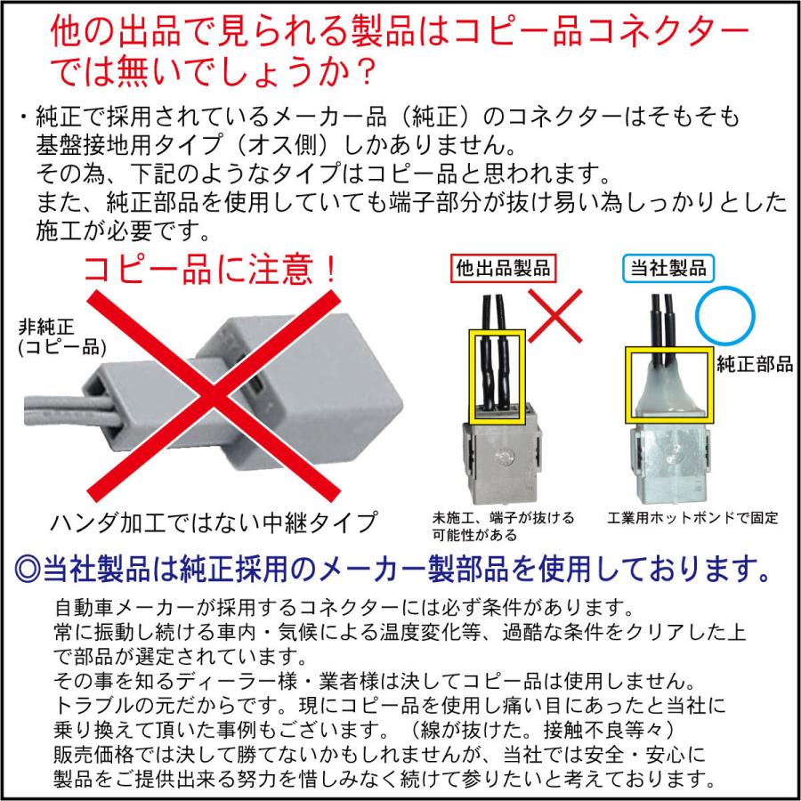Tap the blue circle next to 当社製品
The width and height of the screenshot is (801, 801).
725,315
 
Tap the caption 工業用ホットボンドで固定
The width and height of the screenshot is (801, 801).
694,517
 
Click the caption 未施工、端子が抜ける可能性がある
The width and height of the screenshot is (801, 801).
503,525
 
